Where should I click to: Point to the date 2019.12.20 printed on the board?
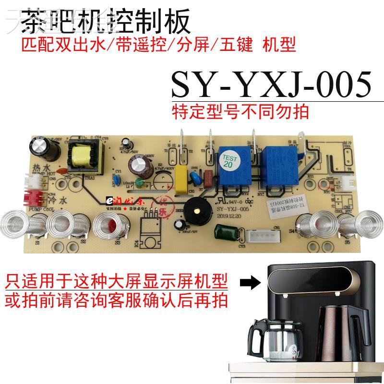[x=229, y=216]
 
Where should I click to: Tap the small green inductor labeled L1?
[x=137, y=182]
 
